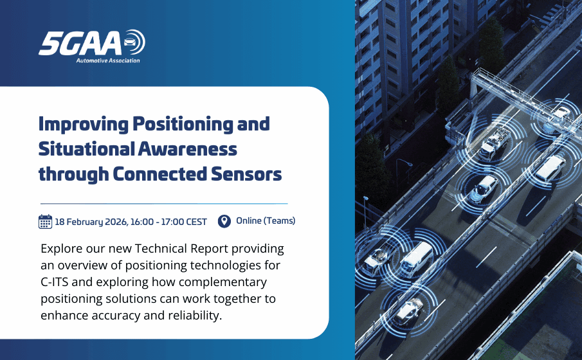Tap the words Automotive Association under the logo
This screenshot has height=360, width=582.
(x=108, y=60)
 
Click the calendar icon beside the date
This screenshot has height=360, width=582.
(x=45, y=222)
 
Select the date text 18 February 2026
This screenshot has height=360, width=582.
(x=91, y=222)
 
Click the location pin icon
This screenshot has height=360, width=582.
(x=224, y=221)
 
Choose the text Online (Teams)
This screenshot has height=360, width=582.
(x=266, y=221)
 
